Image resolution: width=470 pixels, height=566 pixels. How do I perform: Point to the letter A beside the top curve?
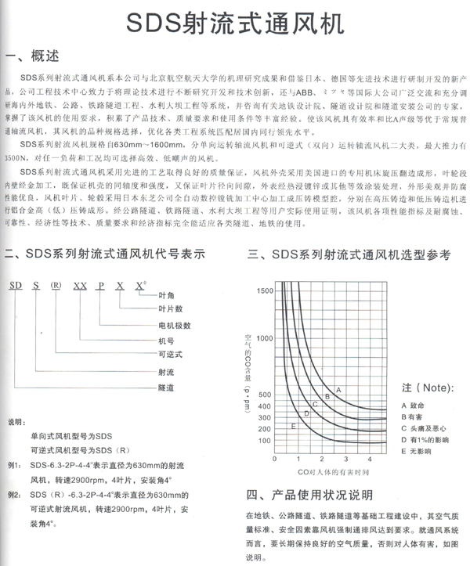click(338, 389)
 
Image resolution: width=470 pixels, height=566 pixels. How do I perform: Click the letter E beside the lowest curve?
click(294, 425)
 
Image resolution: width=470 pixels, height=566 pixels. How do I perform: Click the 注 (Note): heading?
click(428, 388)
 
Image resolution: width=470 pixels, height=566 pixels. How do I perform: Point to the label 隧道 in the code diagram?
click(164, 388)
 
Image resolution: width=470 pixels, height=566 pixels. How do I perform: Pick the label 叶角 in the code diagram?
click(164, 294)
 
